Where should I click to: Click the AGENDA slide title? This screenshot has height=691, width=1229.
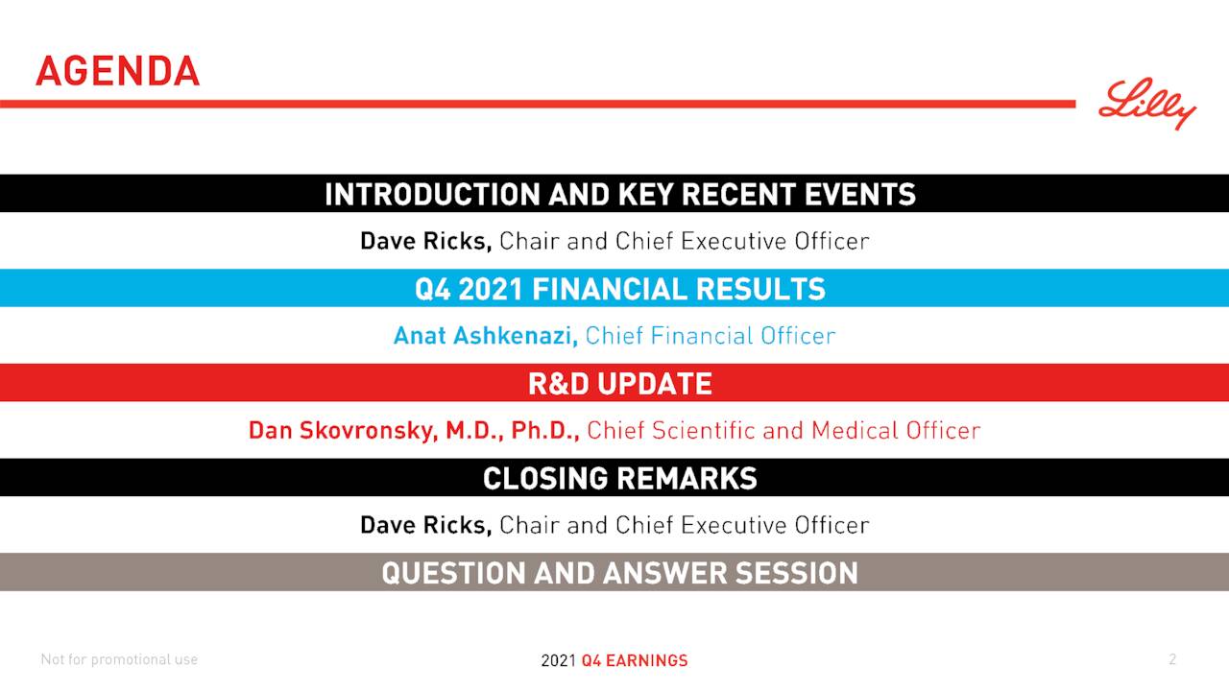(x=117, y=71)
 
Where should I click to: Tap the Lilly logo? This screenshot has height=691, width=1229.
(x=1147, y=104)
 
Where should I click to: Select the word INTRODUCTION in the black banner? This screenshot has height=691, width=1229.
(x=432, y=194)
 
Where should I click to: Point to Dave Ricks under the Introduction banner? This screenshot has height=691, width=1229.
(x=425, y=241)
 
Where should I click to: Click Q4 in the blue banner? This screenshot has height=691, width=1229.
(x=433, y=289)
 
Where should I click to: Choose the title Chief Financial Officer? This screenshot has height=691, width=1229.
(x=711, y=336)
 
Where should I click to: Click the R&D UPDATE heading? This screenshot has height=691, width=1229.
(x=619, y=384)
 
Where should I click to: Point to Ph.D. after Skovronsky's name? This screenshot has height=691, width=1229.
(x=544, y=430)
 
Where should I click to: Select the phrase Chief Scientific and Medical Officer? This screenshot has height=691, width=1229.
(x=783, y=430)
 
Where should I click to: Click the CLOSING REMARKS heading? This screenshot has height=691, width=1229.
(x=619, y=478)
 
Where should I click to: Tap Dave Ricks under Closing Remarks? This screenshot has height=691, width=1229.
(x=425, y=525)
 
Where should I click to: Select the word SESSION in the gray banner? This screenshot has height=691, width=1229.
(x=796, y=573)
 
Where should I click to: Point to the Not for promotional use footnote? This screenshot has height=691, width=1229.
(x=119, y=659)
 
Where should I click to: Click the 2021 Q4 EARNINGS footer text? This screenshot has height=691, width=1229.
(x=614, y=660)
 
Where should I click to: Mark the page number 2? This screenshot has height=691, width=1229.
(x=1172, y=659)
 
